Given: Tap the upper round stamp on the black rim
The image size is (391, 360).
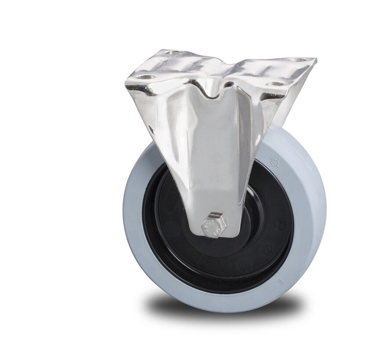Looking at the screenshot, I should click(278, 224).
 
